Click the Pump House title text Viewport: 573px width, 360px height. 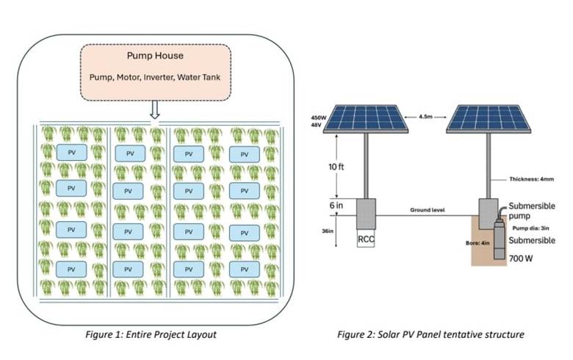(x=155, y=56)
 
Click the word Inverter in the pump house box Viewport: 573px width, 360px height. (x=159, y=77)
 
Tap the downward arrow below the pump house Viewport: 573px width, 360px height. (x=155, y=109)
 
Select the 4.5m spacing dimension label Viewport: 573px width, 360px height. (x=426, y=117)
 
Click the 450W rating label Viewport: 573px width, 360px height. (x=318, y=118)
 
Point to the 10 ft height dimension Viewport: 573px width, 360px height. (x=336, y=167)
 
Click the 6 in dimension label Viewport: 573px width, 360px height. (x=336, y=206)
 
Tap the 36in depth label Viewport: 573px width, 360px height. (x=328, y=231)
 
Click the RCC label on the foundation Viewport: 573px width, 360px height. (x=366, y=240)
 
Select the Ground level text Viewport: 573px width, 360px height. (x=428, y=210)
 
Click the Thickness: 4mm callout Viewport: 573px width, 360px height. (x=532, y=179)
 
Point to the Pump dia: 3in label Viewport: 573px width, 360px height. (x=530, y=228)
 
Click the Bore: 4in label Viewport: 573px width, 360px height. (x=478, y=242)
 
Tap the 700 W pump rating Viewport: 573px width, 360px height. (x=521, y=259)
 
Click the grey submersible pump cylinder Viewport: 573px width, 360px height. (x=500, y=238)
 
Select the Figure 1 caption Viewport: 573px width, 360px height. (x=151, y=334)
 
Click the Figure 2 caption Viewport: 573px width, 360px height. (x=430, y=334)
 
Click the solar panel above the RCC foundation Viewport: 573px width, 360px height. (x=365, y=119)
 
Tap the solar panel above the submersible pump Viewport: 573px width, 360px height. (x=489, y=119)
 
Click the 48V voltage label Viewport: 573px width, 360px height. (x=316, y=126)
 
